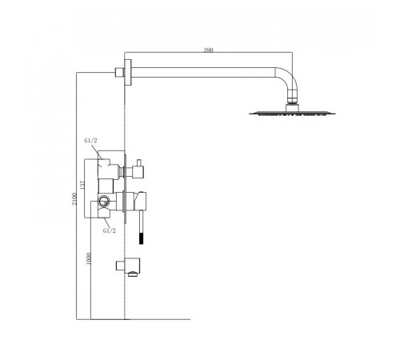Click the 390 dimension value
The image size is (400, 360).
pyautogui.click(x=208, y=50)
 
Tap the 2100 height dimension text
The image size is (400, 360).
pyautogui.click(x=74, y=199)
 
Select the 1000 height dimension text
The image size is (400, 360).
pyautogui.click(x=89, y=258)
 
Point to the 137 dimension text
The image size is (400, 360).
pyautogui.click(x=82, y=185)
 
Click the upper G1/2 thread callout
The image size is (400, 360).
pyautogui.click(x=90, y=141)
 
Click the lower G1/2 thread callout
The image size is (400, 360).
pyautogui.click(x=110, y=230)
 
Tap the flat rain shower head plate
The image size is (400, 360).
pyautogui.click(x=292, y=114)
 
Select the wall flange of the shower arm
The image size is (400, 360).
pyautogui.click(x=128, y=72)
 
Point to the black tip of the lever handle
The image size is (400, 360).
pyautogui.click(x=142, y=238)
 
